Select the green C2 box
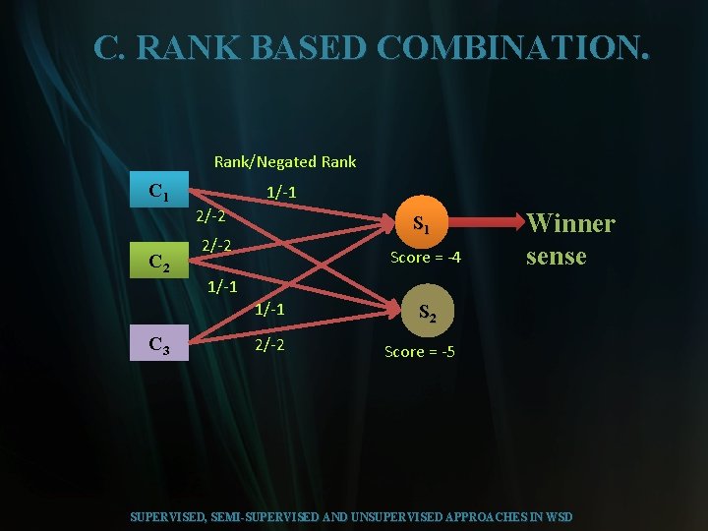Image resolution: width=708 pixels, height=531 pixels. point(158,263)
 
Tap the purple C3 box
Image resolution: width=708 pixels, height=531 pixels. point(158,344)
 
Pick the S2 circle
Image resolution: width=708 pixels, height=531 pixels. point(426,313)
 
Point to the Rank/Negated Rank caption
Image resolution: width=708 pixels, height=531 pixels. point(285,161)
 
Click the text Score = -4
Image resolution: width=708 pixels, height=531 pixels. point(425,258)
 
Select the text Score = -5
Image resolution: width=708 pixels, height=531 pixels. point(419,351)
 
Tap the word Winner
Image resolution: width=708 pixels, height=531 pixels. point(570,224)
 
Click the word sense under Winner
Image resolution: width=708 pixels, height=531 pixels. point(556,257)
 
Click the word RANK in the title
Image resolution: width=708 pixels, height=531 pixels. point(183,47)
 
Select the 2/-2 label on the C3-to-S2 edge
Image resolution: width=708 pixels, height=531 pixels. point(270,345)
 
